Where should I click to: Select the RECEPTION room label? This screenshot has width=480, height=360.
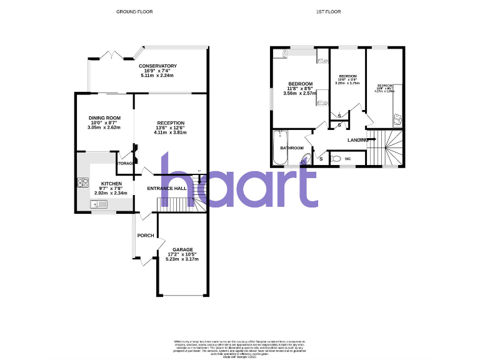pos(171,122)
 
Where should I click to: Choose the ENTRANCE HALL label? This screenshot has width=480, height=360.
pos(167,188)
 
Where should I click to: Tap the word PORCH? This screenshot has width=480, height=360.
pos(146,236)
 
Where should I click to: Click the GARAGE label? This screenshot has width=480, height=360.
pos(182,249)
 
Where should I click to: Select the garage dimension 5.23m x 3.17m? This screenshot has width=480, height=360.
pos(182,259)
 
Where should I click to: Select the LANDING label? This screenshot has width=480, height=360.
pos(357,140)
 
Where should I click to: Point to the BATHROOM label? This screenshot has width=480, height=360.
pos(292,148)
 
